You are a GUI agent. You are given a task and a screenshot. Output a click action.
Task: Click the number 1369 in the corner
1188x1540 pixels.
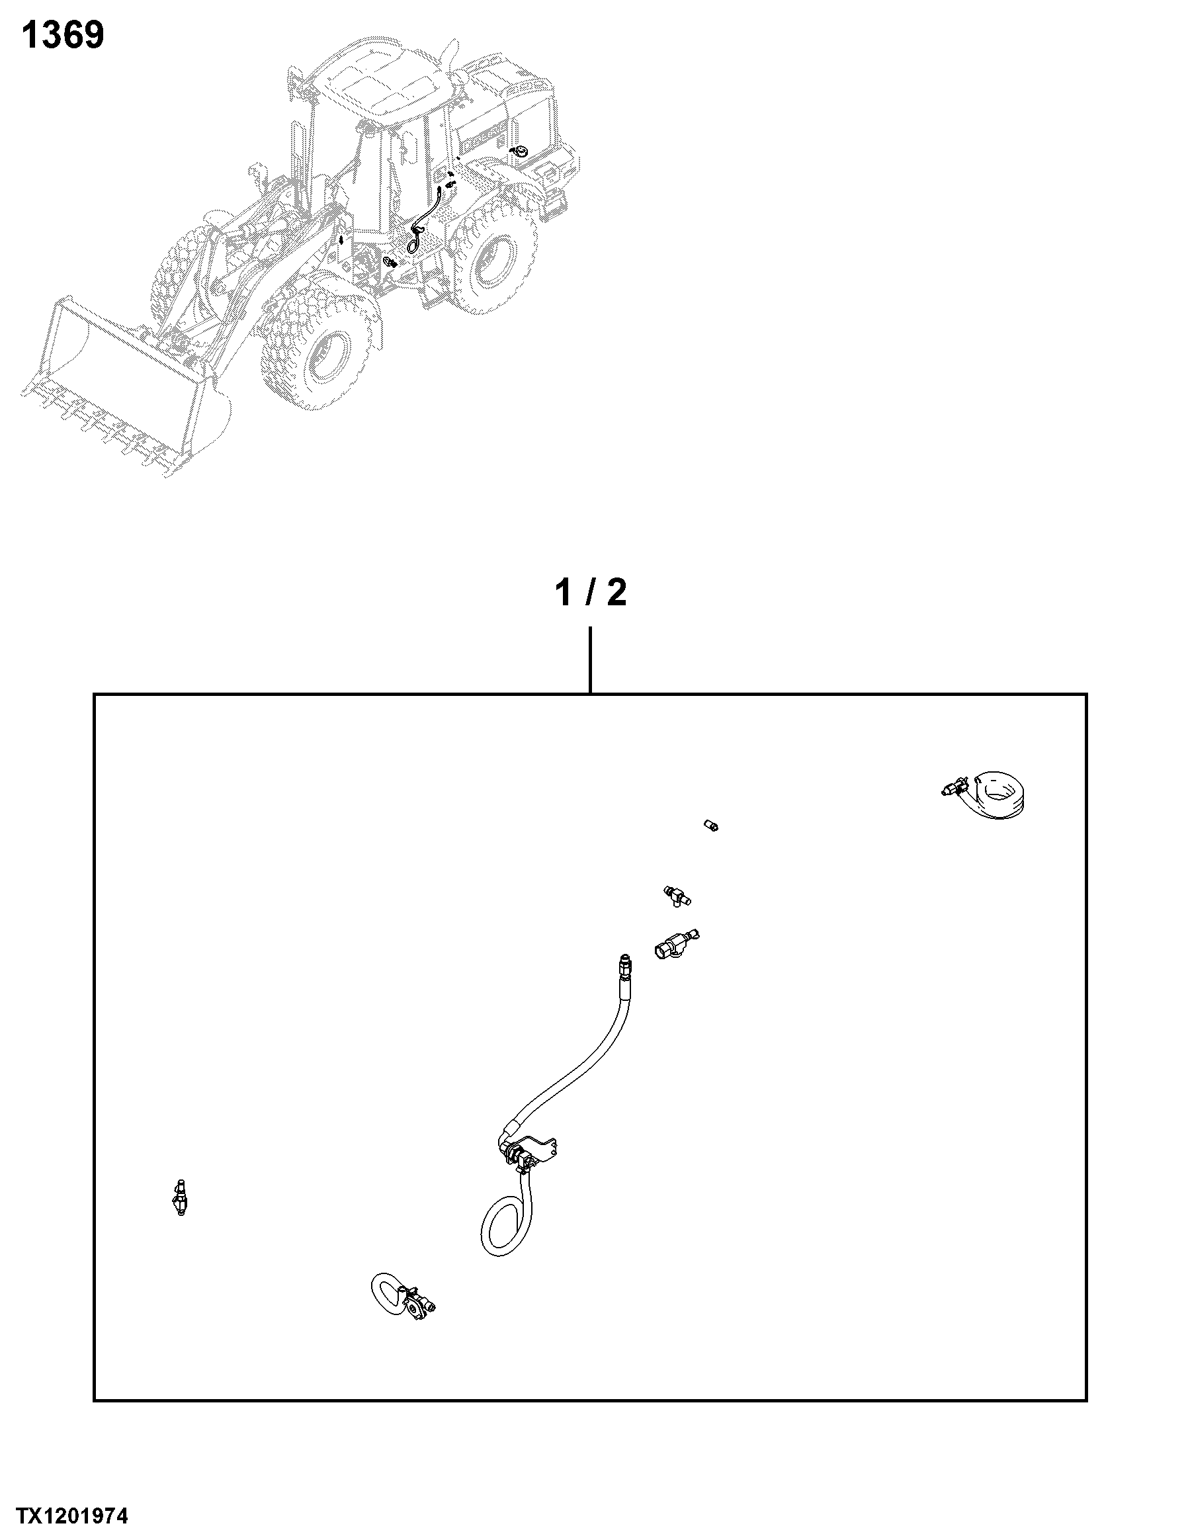point(63,34)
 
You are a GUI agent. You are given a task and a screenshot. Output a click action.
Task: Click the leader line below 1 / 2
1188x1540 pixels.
point(590,661)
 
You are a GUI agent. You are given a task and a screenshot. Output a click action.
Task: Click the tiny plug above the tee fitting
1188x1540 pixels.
point(710,826)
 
